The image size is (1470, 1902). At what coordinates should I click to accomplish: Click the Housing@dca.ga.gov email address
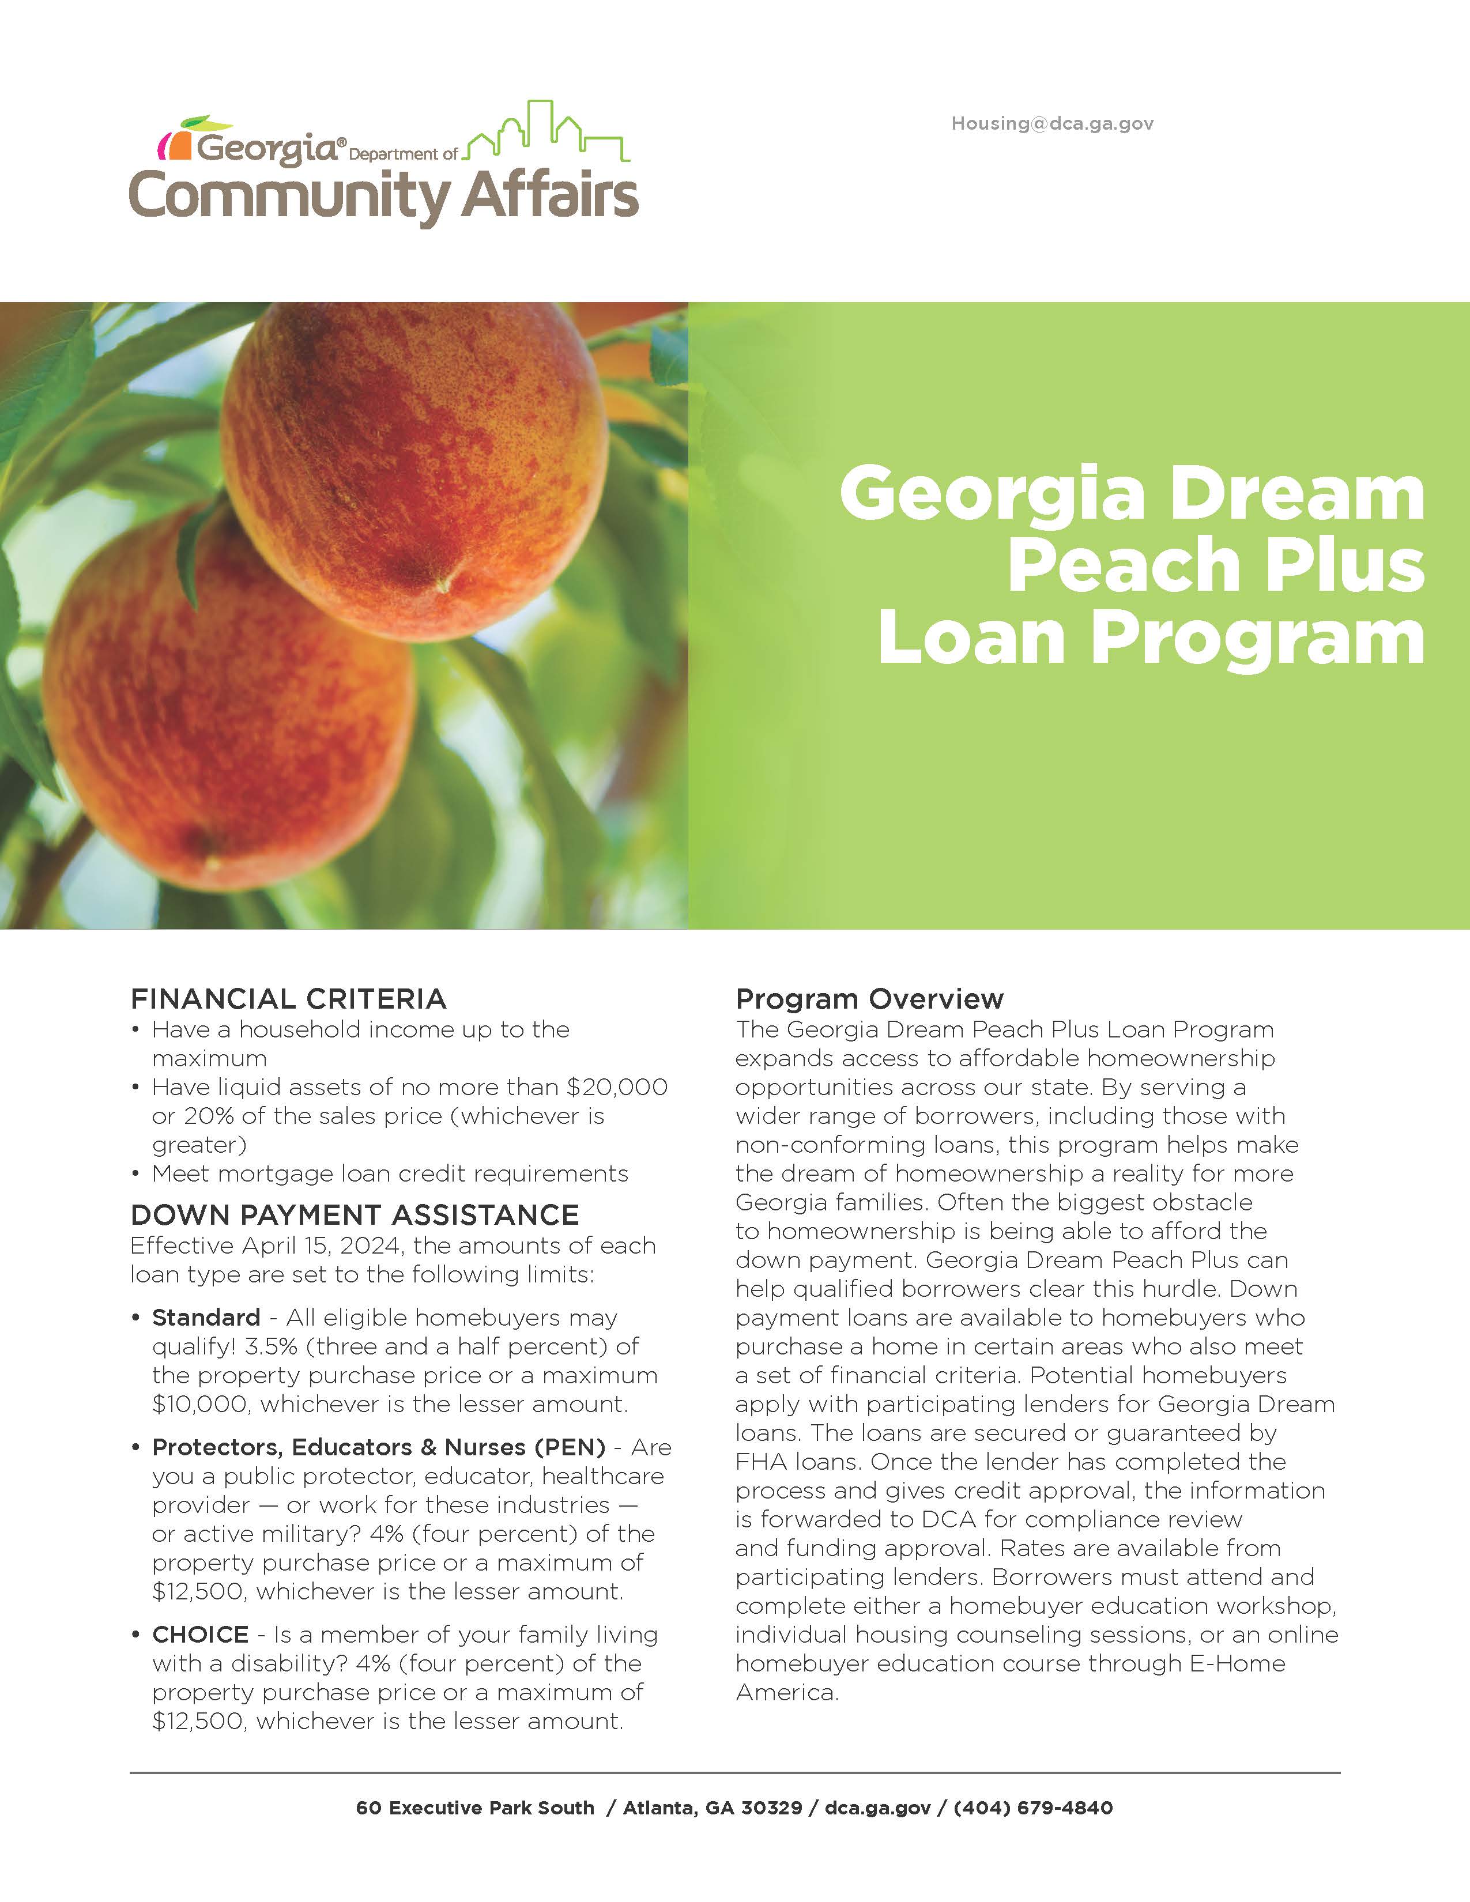[x=1052, y=124]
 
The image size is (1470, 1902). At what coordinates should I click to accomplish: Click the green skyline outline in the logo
[x=547, y=134]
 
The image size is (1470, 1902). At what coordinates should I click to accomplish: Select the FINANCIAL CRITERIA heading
[x=288, y=999]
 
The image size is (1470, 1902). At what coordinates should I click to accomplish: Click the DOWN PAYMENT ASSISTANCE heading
[x=355, y=1215]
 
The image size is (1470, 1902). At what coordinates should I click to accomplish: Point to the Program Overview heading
[x=869, y=999]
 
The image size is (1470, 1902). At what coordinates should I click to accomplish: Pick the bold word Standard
[x=206, y=1318]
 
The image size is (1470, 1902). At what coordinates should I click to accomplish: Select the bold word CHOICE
[x=200, y=1635]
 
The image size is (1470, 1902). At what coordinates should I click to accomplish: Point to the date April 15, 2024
[x=322, y=1246]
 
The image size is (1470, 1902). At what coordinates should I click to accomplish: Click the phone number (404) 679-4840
[x=1033, y=1808]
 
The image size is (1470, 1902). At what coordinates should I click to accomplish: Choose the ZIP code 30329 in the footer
[x=771, y=1808]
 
